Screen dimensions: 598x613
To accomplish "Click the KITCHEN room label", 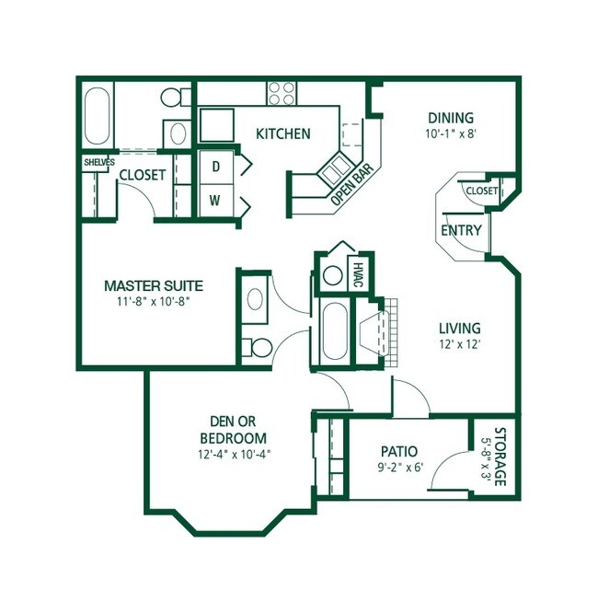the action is click(283, 133).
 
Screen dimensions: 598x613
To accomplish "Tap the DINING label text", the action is click(451, 118).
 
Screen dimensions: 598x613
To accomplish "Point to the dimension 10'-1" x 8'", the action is click(451, 134).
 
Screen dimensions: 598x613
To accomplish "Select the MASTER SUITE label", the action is click(154, 285).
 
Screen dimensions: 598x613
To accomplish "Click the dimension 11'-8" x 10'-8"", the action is click(154, 301).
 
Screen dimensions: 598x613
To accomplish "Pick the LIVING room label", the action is click(460, 328).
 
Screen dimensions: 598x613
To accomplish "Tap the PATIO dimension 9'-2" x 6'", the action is click(400, 468).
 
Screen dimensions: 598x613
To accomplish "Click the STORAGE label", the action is click(500, 457).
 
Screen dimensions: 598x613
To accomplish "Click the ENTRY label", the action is click(461, 230).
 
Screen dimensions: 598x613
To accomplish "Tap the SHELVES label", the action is click(99, 162).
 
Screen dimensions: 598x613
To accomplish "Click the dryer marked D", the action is click(216, 167).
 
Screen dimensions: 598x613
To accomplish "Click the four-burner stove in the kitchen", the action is click(282, 94).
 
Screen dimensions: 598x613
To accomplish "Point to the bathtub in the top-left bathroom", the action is click(98, 116).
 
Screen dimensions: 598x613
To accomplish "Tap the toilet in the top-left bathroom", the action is click(176, 97).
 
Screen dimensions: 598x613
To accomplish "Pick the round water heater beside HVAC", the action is click(333, 275).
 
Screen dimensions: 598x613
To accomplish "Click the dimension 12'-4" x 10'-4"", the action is click(234, 455).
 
